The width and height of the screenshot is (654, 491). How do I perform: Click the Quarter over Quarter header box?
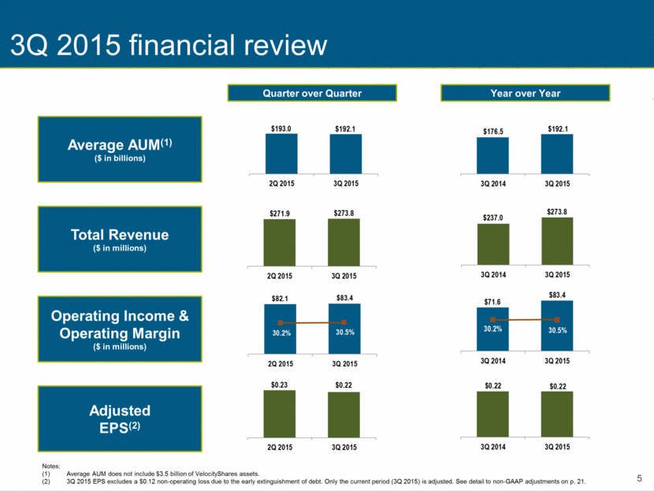tap(312, 93)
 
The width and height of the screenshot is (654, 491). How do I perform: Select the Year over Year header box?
tap(525, 93)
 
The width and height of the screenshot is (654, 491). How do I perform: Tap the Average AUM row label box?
tap(120, 149)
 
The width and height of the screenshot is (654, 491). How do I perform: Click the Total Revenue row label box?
tap(120, 239)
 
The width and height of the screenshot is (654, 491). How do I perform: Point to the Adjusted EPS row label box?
tap(120, 418)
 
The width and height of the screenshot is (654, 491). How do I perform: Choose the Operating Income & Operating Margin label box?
tap(120, 329)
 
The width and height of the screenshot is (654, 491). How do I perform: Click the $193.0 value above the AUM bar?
tap(281, 128)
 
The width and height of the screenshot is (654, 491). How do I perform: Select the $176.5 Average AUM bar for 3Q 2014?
tap(492, 155)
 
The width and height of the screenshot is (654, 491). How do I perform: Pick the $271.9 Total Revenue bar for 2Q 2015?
tap(280, 243)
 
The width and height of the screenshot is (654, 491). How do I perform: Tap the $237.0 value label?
tap(493, 218)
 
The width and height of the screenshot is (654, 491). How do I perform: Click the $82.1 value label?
tap(280, 299)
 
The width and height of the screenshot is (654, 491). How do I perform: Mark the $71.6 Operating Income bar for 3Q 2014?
tap(492, 329)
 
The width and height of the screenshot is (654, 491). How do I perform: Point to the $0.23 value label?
tap(280, 385)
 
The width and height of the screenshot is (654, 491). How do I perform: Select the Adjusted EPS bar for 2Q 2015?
tap(280, 414)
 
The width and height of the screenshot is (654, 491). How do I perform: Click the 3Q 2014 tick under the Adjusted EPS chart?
tap(493, 447)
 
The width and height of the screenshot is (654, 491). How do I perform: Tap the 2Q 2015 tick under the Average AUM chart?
tap(281, 184)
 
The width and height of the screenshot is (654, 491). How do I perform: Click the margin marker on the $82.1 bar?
tap(281, 323)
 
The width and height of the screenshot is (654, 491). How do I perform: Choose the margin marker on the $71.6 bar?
tap(492, 320)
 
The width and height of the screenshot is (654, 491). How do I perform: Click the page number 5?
tap(639, 478)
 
